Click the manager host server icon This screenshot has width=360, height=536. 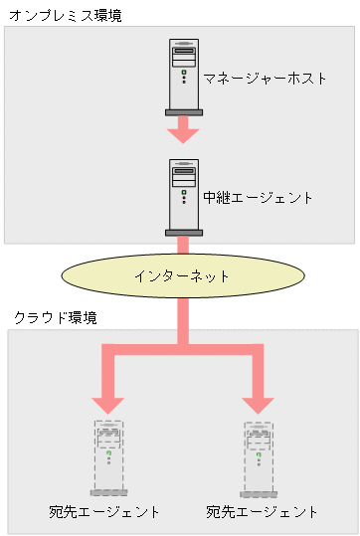183,75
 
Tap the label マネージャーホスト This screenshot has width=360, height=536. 265,78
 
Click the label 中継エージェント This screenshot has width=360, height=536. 258,197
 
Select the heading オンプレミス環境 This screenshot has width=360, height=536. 65,16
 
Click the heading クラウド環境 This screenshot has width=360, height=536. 55,317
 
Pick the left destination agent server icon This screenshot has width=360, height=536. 108,457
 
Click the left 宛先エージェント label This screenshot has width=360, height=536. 103,511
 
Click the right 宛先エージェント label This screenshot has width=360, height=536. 262,511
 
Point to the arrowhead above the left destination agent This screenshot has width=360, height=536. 108,403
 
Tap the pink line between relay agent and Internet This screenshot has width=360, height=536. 183,245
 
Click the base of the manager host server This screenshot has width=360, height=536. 183,111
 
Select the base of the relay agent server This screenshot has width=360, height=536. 183,233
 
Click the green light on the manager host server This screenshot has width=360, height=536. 184,73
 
